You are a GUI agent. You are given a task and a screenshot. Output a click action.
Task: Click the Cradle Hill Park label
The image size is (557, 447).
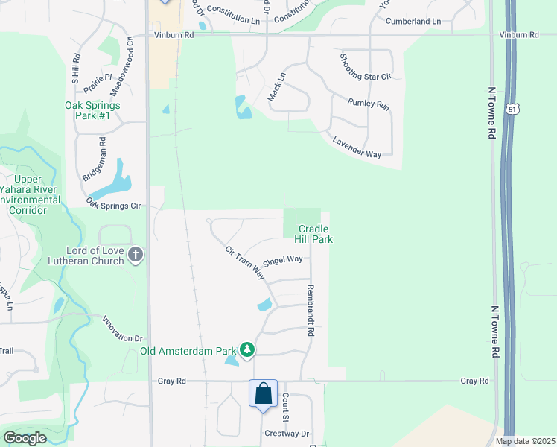coord(315,234)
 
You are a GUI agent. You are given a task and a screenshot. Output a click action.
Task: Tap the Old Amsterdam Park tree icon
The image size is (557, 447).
coord(247,349)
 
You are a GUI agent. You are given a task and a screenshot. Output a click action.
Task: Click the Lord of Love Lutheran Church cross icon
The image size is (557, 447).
coord(136,256)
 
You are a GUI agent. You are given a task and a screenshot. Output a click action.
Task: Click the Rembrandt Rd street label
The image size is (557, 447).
coord(310,309)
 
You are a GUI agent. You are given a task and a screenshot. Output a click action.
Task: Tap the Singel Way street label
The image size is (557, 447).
coord(283,259)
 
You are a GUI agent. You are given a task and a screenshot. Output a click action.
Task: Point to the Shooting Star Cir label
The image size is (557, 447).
coord(365,67)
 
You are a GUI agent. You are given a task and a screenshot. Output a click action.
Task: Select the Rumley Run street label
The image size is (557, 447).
coord(369,104)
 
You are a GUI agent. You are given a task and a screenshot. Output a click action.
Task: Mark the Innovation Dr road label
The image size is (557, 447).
coord(121,329)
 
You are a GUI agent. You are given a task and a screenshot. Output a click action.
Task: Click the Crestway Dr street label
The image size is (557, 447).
coord(286,433)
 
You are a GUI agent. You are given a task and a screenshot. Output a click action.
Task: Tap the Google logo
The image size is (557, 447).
coord(25,438)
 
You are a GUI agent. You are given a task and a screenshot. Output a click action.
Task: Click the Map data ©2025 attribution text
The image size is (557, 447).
coord(524,441)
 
